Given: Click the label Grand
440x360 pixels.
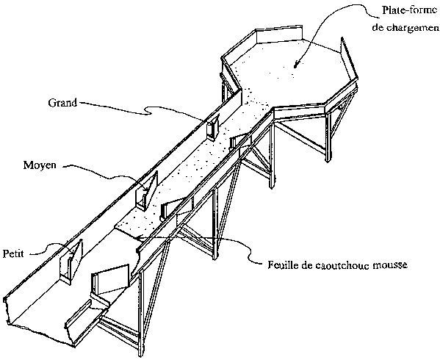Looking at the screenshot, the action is (x=62, y=103).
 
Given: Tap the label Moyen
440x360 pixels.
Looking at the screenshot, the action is (x=40, y=165).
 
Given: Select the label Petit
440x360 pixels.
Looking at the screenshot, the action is (x=13, y=253).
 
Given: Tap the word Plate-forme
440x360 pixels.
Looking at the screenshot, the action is (x=410, y=10).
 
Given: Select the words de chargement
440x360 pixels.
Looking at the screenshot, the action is (x=405, y=27).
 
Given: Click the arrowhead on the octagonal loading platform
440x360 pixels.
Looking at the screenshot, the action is (x=296, y=65).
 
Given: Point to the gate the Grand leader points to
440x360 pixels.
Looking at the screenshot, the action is (x=213, y=126).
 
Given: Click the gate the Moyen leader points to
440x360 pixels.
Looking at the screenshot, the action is (x=146, y=191).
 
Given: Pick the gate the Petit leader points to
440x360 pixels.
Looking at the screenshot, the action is (x=71, y=262).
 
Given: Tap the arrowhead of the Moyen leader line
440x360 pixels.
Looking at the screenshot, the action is (x=145, y=189).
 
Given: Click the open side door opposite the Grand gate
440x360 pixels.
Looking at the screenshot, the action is (x=241, y=140).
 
